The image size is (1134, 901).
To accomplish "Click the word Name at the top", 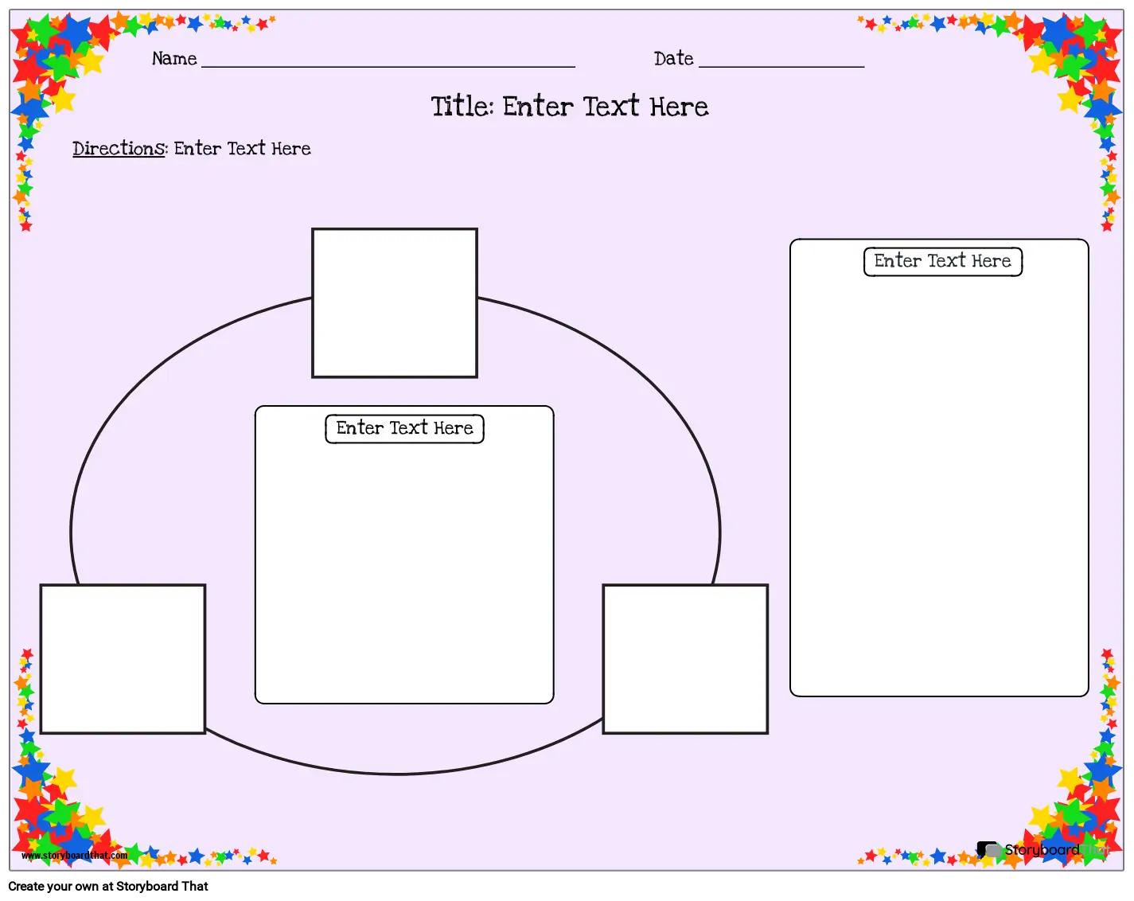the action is click(x=174, y=58).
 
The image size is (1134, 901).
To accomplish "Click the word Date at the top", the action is click(x=673, y=58).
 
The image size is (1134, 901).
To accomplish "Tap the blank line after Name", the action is click(x=388, y=66).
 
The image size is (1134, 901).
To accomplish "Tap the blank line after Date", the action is click(x=781, y=66).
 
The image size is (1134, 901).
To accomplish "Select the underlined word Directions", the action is click(x=119, y=149).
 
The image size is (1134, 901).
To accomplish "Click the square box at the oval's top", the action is click(x=394, y=302).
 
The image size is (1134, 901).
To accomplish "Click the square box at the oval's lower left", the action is click(x=123, y=658).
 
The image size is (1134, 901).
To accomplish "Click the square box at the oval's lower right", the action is click(x=684, y=658).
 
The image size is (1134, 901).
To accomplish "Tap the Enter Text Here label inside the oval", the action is click(x=404, y=428).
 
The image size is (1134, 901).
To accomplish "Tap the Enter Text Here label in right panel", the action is click(x=942, y=261).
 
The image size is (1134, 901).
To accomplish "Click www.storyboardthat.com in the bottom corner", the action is click(x=74, y=855).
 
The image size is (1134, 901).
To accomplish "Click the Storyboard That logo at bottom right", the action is click(x=1042, y=849).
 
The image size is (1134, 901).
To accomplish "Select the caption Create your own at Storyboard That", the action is click(x=108, y=886).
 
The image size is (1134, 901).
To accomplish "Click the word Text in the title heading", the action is click(x=611, y=106).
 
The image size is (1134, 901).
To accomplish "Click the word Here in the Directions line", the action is click(x=291, y=149).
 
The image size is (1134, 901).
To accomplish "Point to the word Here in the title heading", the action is click(x=679, y=107).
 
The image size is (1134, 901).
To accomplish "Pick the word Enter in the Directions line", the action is click(x=197, y=149).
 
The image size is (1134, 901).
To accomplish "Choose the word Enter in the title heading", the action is click(x=537, y=106).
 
